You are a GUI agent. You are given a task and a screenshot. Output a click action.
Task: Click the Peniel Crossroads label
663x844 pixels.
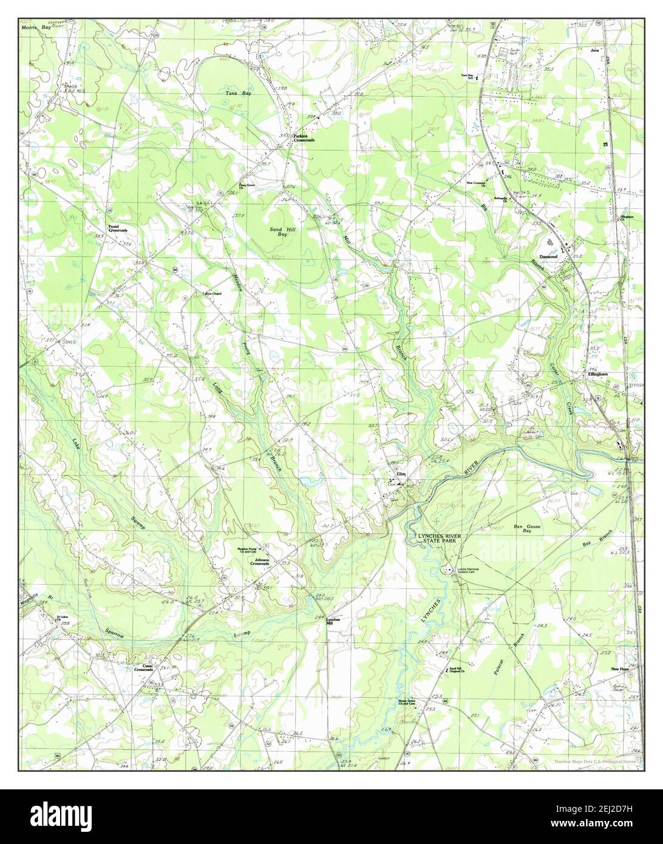[118, 229]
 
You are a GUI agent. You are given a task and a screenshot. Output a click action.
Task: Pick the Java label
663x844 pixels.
[595, 50]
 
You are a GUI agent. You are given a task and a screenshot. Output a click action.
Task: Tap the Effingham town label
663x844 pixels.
[597, 375]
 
